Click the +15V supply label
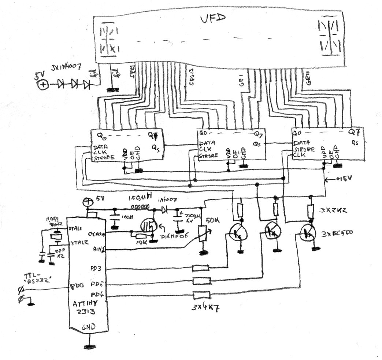coord(344,180)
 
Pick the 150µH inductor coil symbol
coord(140,209)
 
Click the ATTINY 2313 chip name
coord(87,306)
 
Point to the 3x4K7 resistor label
coord(202,305)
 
